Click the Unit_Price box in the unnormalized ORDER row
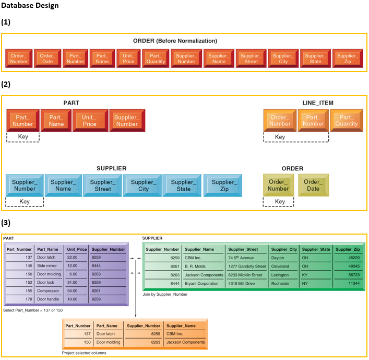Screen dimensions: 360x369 coord(128,59)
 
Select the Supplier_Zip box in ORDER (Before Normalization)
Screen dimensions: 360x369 coord(347,59)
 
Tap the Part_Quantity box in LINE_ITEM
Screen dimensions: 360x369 coord(347,121)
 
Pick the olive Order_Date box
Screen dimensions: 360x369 coord(313,185)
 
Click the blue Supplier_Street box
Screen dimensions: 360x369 coord(103,185)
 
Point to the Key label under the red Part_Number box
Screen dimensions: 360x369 coord(23,137)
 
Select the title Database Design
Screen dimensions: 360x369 coord(30,6)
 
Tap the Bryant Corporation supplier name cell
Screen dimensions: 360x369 coord(201,283)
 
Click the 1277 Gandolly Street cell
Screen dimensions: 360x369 coord(247,266)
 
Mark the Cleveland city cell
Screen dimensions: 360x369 coord(281,266)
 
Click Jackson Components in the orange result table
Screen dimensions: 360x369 coord(185,342)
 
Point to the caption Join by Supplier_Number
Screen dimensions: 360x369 coord(165,294)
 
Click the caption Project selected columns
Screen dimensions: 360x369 coord(84,353)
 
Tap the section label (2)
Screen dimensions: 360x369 coord(6,84)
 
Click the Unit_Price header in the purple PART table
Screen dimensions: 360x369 coord(77,249)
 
